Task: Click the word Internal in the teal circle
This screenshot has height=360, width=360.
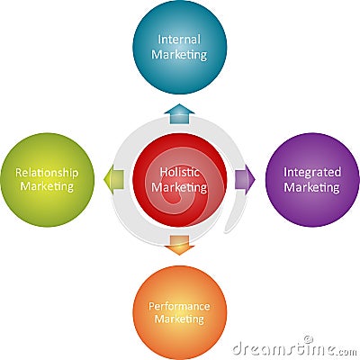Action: pos(179,40)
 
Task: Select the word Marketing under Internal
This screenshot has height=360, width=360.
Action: pos(179,55)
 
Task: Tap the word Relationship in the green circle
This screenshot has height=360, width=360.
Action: pos(47,174)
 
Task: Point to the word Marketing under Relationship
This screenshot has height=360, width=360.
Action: pos(47,186)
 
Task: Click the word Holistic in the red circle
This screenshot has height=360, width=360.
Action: pos(179,172)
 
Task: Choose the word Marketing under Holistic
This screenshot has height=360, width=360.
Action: pos(179,188)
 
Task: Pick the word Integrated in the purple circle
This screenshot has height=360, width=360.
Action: pos(312,173)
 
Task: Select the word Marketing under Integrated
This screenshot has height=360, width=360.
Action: pos(311,188)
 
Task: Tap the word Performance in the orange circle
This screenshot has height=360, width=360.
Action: pos(179,306)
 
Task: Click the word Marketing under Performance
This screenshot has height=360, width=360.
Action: pos(179,319)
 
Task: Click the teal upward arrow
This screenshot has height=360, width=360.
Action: pos(179,114)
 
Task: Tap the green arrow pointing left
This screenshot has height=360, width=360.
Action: pos(113,180)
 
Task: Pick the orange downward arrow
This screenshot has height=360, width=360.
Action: pos(179,245)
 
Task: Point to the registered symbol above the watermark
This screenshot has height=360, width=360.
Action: pos(307,339)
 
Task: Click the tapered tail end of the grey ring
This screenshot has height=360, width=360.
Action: pos(226,231)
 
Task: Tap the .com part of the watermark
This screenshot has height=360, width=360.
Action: pos(347,351)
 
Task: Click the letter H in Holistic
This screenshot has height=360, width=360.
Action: pos(164,172)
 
